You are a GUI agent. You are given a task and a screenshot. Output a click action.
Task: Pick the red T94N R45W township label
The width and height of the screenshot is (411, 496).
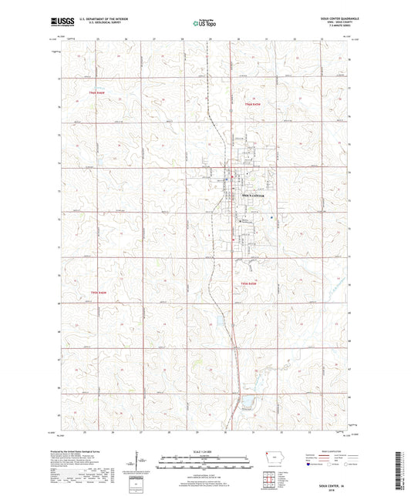(x=249, y=284)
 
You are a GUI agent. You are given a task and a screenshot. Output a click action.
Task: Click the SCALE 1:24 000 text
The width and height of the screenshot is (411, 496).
(x=204, y=452)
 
